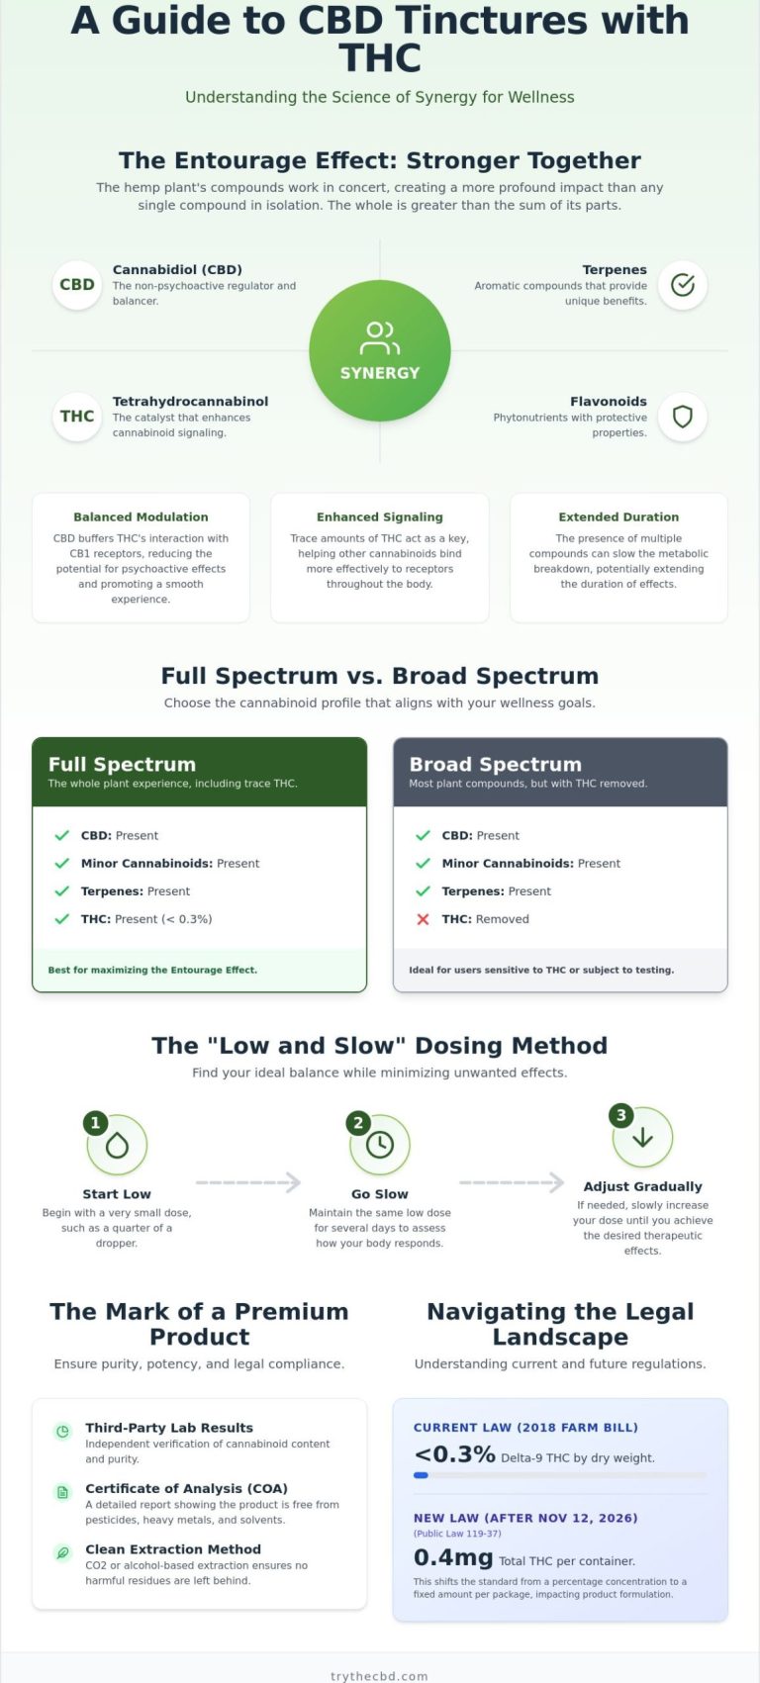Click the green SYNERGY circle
(380, 350)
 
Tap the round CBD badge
(77, 285)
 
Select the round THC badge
(77, 417)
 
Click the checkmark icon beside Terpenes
(683, 285)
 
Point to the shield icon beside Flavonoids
(683, 417)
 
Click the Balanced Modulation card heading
(141, 516)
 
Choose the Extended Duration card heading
(618, 516)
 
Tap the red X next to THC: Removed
(424, 919)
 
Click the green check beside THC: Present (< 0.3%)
(62, 919)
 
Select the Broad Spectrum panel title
(496, 764)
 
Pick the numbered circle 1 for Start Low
(95, 1123)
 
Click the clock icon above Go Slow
(380, 1145)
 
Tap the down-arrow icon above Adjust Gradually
(642, 1138)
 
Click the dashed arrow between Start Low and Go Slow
(248, 1182)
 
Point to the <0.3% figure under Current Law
(454, 1453)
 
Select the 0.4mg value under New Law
(453, 1556)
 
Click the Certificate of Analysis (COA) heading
(186, 1488)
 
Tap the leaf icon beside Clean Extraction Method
(63, 1552)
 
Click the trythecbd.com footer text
(380, 1676)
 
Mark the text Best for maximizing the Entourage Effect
(152, 970)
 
